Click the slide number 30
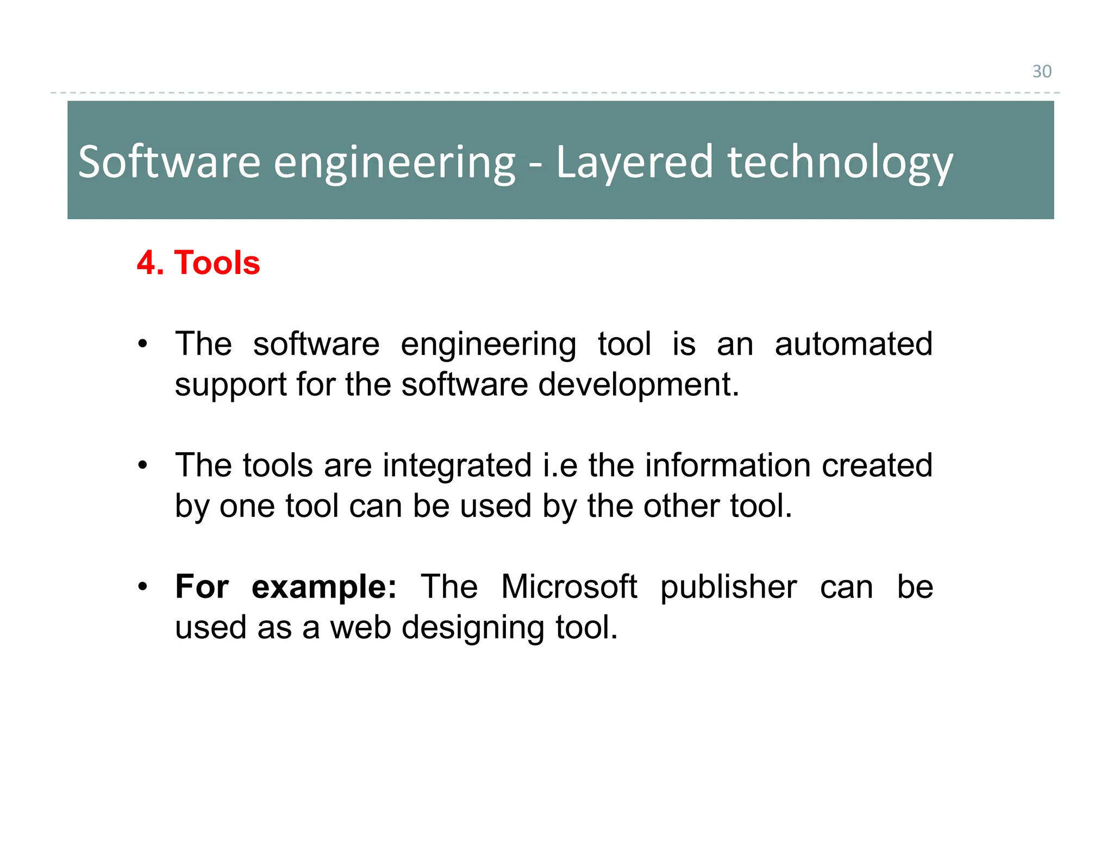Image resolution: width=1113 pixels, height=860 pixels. (x=1041, y=71)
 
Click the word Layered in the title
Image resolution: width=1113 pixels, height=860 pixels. (x=634, y=161)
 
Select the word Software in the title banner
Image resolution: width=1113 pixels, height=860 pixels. (x=169, y=161)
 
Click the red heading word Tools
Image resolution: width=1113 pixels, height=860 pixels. (x=217, y=263)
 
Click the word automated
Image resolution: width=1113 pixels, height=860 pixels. (x=853, y=344)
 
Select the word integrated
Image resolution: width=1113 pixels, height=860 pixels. (x=457, y=465)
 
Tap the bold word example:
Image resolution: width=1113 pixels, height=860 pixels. (x=324, y=587)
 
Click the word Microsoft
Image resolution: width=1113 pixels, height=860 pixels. (x=568, y=587)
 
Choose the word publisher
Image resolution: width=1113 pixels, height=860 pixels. (x=728, y=587)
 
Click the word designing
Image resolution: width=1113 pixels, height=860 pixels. (x=472, y=627)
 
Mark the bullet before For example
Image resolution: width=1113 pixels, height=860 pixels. (x=142, y=587)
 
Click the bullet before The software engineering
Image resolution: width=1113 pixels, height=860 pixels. (x=142, y=344)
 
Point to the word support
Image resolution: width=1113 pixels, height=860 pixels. (x=230, y=385)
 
